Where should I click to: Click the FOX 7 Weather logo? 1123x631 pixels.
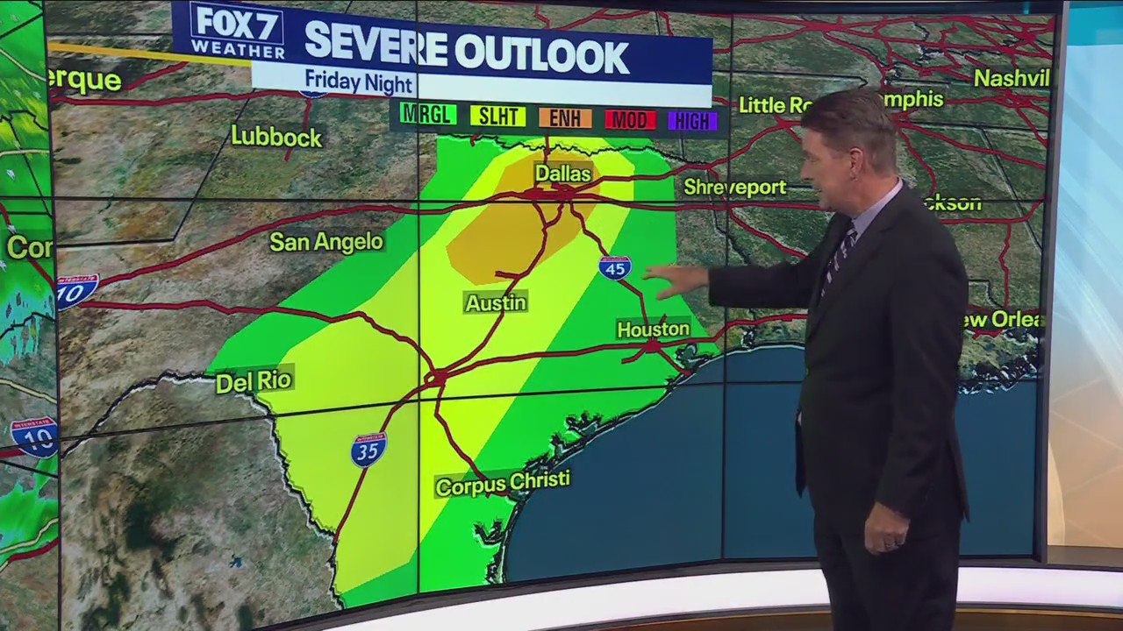point(237,32)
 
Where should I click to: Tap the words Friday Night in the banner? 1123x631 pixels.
point(359,82)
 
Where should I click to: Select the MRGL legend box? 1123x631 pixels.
point(427,115)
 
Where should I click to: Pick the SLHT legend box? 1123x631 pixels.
point(497,116)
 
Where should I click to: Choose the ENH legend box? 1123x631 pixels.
point(565,118)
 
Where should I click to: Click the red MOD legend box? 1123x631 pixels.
point(630,120)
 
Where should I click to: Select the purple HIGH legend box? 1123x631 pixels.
point(692,121)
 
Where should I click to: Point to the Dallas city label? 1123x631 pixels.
point(563,174)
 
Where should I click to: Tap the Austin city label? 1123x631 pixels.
point(496,303)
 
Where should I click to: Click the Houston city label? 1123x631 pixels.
point(654,330)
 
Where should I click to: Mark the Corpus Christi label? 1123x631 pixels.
point(503,483)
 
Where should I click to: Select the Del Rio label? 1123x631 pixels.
point(254,381)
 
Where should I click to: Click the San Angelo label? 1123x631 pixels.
point(326,242)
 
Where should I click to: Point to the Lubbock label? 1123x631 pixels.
point(276,137)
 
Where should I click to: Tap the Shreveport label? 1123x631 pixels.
point(735,187)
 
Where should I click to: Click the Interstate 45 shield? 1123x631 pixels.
point(615,267)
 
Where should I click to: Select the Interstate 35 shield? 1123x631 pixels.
point(368,450)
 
